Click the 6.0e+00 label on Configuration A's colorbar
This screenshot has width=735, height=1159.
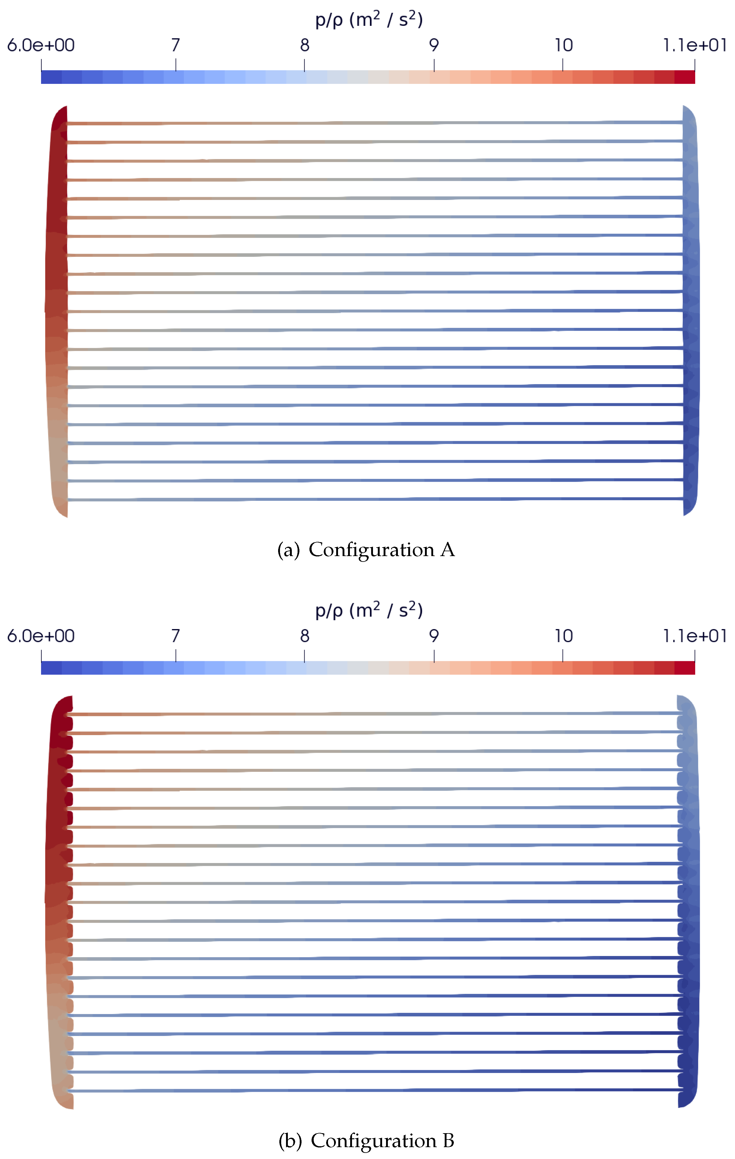[41, 45]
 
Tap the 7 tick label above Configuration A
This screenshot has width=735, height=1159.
[176, 45]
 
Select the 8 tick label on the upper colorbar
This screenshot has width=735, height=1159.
[304, 45]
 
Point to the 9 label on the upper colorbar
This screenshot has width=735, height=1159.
[434, 45]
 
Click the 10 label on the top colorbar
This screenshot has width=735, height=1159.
[563, 45]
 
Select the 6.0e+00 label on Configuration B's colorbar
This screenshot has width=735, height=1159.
[41, 636]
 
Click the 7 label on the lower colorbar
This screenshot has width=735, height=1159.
[176, 636]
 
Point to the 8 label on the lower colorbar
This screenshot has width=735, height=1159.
[304, 636]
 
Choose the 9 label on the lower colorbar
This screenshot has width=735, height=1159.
[434, 636]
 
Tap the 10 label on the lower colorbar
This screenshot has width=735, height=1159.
[563, 636]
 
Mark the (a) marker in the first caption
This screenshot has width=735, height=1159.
[288, 550]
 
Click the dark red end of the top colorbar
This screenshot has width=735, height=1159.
[685, 77]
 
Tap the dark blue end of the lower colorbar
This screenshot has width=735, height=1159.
[51, 668]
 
